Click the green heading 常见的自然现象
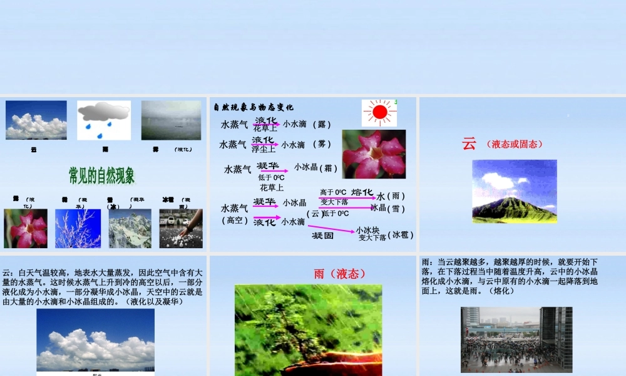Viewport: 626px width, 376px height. pyautogui.click(x=101, y=175)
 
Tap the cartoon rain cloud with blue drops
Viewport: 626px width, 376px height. pyautogui.click(x=104, y=120)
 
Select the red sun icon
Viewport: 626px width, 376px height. pyautogui.click(x=379, y=113)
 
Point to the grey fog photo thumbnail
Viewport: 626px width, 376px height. pyautogui.click(x=171, y=120)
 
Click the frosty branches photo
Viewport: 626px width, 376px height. pyautogui.click(x=78, y=228)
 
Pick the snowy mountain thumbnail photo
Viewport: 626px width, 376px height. pyautogui.click(x=130, y=228)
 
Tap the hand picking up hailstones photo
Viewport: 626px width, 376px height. pyautogui.click(x=181, y=228)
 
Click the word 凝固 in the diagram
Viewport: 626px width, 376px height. pyautogui.click(x=323, y=236)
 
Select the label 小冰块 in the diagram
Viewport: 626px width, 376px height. pyautogui.click(x=367, y=230)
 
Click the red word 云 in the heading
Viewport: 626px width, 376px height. pyautogui.click(x=469, y=144)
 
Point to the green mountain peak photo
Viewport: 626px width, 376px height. pyautogui.click(x=514, y=191)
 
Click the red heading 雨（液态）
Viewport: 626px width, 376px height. pyautogui.click(x=339, y=273)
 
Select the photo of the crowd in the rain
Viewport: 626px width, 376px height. pyautogui.click(x=516, y=339)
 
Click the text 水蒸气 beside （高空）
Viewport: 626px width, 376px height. pyautogui.click(x=234, y=207)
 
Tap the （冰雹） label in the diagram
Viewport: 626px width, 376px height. pyautogui.click(x=401, y=235)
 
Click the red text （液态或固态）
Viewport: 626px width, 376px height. pyautogui.click(x=514, y=144)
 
